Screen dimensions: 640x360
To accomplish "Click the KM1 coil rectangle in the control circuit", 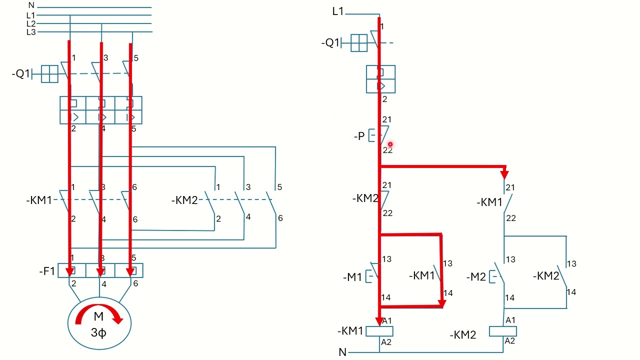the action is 379,331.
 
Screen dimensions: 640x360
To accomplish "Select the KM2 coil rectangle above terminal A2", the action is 503,331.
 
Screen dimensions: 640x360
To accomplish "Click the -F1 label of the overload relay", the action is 47,271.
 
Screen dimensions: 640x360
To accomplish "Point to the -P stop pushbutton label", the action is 359,136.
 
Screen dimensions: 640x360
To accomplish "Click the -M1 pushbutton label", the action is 352,277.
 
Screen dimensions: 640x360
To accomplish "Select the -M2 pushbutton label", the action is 476,277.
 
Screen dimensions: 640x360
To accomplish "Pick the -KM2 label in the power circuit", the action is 184,200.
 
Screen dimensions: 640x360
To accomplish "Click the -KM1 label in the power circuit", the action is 39,200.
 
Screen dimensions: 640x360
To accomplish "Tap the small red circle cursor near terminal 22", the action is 390,144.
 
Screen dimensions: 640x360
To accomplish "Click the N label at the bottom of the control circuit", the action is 342,352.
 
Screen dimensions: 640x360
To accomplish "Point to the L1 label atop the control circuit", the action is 337,11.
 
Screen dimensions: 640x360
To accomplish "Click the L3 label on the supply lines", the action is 31,32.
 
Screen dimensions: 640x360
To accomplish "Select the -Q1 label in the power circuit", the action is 21,73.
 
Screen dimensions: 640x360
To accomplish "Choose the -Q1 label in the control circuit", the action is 330,43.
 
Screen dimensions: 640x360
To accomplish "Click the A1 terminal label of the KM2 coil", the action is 510,320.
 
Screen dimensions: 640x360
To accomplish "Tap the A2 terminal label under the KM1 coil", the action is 386,342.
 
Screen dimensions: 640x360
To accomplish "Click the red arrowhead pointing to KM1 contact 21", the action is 504,174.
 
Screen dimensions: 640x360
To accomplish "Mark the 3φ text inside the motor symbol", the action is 98,332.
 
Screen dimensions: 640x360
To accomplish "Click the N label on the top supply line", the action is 31,5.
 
